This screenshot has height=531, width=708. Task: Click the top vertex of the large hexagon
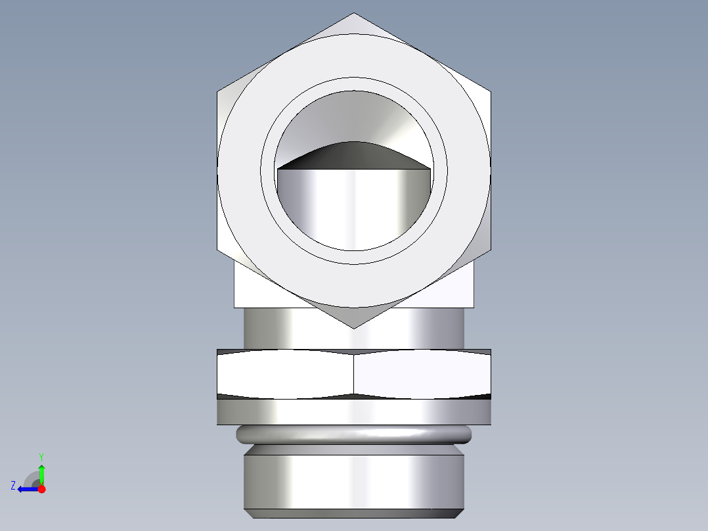[354, 14]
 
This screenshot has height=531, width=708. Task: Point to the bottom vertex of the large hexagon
[354, 327]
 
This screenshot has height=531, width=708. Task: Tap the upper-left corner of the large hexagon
[218, 91]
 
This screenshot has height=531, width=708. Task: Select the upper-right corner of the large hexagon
[490, 91]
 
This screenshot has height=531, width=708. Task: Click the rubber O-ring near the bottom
[354, 434]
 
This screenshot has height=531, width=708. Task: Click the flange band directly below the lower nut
[354, 412]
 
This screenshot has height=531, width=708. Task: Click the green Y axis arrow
[41, 473]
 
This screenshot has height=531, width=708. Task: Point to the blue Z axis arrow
[26, 489]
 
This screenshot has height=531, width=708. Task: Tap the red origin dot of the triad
[41, 489]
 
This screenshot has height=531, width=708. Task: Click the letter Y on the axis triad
[41, 456]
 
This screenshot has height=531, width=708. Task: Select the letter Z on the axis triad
[13, 486]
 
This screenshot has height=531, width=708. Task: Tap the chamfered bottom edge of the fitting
[354, 513]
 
